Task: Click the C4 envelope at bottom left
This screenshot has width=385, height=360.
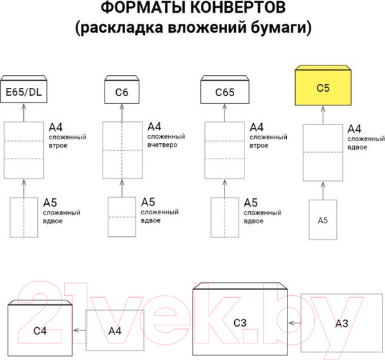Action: coord(40,330)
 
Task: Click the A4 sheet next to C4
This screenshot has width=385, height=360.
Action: coord(115,330)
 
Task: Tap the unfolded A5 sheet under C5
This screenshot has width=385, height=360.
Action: coord(323,219)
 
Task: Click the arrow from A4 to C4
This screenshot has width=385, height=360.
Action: coord(80,330)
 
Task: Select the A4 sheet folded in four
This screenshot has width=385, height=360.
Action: coord(122,149)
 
